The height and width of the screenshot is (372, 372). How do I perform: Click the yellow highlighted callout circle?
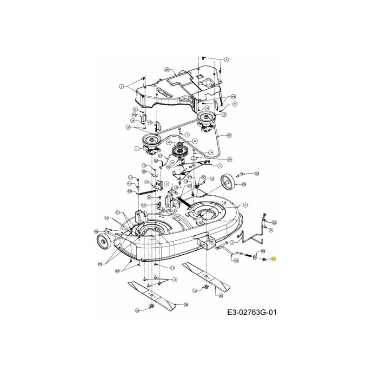(x=274, y=259)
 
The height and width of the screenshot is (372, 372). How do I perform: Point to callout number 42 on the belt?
(x=229, y=135)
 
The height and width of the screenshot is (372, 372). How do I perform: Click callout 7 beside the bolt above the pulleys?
(x=174, y=134)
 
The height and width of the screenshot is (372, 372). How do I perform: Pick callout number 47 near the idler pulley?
(x=195, y=140)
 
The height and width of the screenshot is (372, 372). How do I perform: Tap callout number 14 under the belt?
(x=211, y=152)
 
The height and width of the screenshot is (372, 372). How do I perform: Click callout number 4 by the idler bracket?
(x=219, y=166)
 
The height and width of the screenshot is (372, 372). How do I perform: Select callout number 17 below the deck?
(x=172, y=268)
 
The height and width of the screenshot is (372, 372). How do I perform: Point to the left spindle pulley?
(x=152, y=139)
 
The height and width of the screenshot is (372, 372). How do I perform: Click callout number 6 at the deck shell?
(x=245, y=204)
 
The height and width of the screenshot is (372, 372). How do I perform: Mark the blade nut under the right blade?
(x=203, y=289)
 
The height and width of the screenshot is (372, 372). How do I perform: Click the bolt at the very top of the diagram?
(x=204, y=56)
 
